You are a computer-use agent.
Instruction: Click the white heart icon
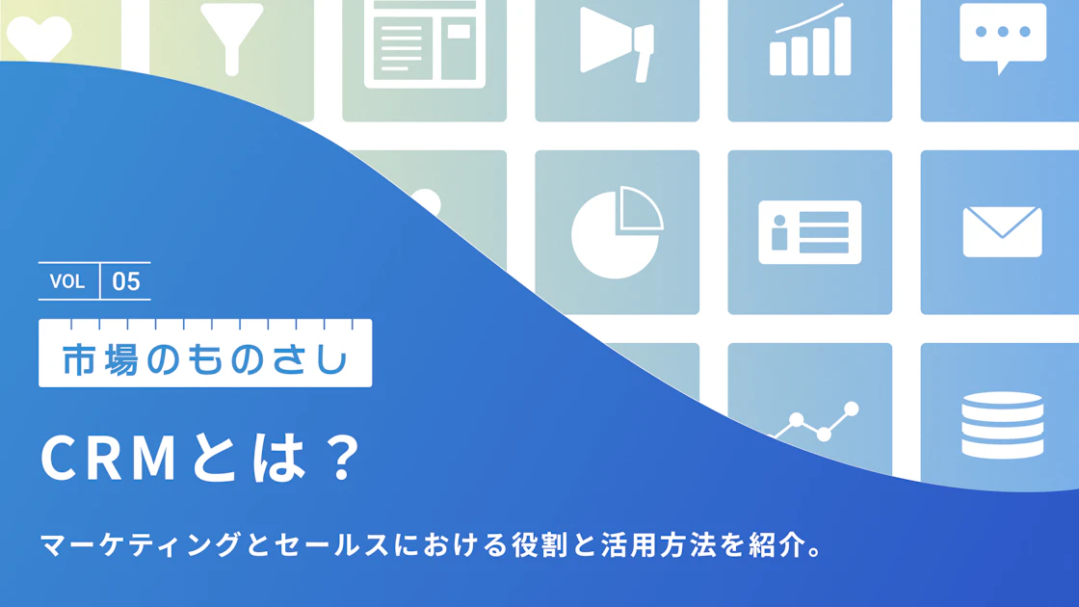(39, 38)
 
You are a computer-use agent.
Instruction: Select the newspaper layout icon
(425, 43)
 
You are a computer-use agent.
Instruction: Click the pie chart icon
(617, 232)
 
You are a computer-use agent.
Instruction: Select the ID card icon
(810, 232)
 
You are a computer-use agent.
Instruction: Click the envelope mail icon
(1003, 232)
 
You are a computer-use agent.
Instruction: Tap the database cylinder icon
(1003, 425)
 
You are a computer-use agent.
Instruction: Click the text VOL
(67, 281)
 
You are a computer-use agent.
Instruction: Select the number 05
(126, 281)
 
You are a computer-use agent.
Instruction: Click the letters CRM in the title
(109, 458)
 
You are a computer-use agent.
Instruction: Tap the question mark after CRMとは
(343, 457)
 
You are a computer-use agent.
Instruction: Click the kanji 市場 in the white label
(100, 360)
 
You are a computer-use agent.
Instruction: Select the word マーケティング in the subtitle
(141, 544)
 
